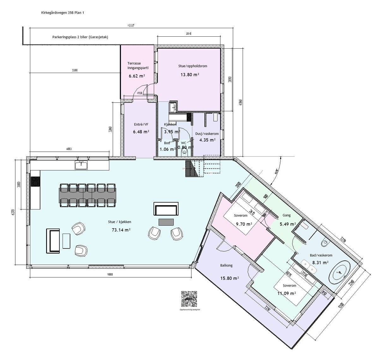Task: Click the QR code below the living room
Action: click(189, 299)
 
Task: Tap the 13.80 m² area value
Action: click(189, 75)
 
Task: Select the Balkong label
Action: click(226, 265)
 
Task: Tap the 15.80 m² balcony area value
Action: click(229, 278)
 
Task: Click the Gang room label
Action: click(286, 216)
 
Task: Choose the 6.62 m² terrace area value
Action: click(136, 76)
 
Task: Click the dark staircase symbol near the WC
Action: click(190, 169)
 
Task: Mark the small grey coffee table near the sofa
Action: click(166, 222)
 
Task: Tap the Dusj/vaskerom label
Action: click(207, 134)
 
